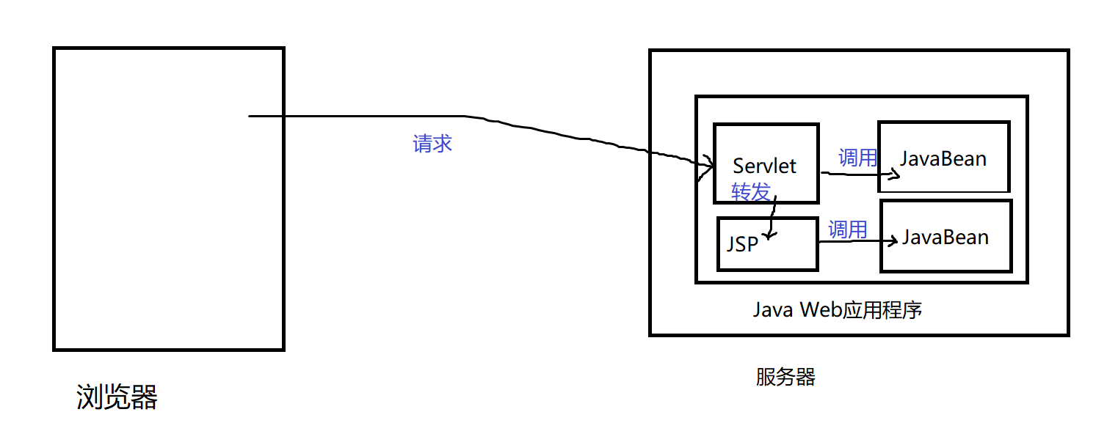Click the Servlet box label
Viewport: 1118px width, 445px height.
764,166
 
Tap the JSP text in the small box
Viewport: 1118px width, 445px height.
741,244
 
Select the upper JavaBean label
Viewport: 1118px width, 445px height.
943,158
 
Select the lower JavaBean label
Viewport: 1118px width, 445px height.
945,237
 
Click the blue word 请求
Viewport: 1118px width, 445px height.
432,144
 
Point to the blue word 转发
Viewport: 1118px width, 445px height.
750,192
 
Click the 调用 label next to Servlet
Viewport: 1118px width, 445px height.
857,157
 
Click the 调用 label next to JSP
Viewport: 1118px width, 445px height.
847,229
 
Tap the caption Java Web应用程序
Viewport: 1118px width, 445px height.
837,310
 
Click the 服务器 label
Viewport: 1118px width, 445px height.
785,378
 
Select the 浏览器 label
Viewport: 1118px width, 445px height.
117,397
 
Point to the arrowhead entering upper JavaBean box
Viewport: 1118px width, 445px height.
894,174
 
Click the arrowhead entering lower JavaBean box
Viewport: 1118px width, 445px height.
894,240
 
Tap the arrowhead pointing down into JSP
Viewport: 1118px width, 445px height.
769,235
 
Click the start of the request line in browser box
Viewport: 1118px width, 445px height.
251,116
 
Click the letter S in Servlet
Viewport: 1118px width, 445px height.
738,166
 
